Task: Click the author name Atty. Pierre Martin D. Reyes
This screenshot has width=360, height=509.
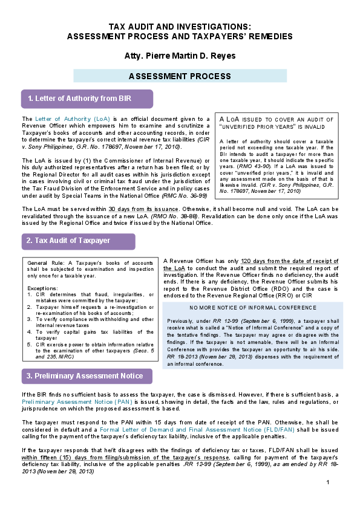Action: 179,56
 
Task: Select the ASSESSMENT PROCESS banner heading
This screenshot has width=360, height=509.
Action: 179,76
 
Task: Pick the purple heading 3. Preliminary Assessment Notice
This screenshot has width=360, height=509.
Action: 87,376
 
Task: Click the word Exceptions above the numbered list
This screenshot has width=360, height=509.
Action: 42,288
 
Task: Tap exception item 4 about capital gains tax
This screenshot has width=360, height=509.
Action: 91,334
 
